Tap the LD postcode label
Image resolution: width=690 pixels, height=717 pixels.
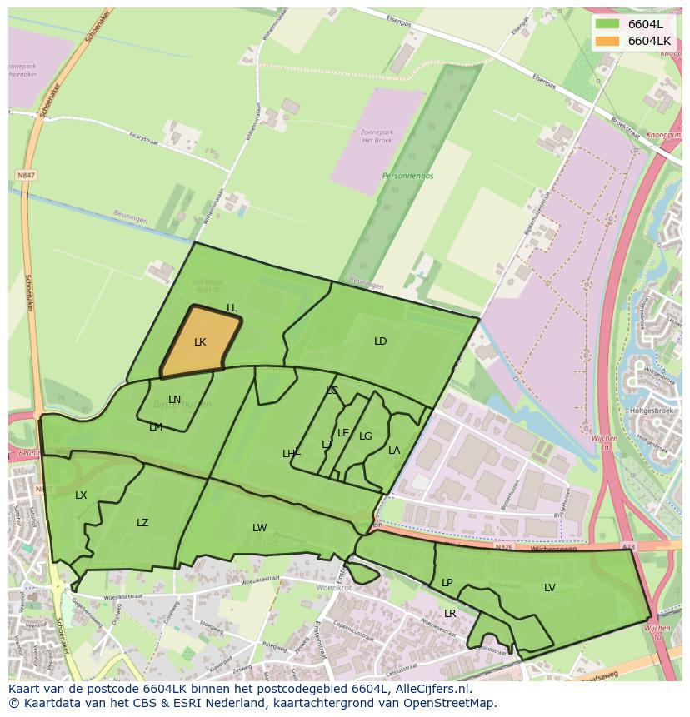point(380,341)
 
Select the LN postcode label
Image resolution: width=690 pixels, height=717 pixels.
point(174,400)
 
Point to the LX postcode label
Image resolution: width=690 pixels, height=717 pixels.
point(81,495)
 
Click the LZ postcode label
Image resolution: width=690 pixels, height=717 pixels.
point(142,523)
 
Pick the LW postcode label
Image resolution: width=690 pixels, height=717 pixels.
point(260,528)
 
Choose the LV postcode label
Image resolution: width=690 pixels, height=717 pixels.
point(550,588)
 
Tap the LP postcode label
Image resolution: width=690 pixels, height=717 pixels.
point(447,583)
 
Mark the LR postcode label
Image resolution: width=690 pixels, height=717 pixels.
point(450,614)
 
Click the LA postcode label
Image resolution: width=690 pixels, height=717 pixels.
point(394,451)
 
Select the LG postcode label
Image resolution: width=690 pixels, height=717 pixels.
point(366,436)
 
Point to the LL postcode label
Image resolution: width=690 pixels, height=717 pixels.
point(232,309)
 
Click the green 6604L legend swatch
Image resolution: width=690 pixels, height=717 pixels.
point(607,24)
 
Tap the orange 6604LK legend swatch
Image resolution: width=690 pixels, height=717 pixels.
point(607,41)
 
